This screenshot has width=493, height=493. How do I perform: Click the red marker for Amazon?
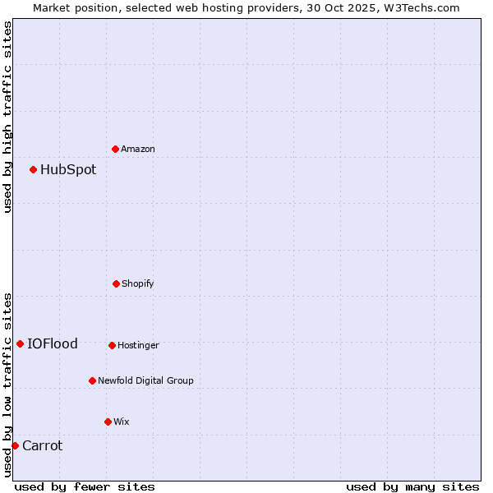(x=116, y=149)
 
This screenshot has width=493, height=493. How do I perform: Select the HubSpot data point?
(x=34, y=170)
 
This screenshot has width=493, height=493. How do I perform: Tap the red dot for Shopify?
(x=116, y=283)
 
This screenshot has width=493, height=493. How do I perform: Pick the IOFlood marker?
(x=21, y=343)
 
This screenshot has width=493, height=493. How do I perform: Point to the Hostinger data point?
(x=112, y=345)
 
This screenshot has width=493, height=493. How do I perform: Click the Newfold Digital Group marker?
(x=92, y=380)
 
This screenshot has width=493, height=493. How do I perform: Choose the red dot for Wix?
(x=108, y=422)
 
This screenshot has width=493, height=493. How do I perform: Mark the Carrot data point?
(x=15, y=445)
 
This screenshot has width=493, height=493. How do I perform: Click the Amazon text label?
(x=138, y=149)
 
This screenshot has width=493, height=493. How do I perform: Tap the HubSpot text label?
(x=68, y=170)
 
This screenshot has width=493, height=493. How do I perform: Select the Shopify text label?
(x=138, y=283)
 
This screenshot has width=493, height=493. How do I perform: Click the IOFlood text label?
(x=53, y=343)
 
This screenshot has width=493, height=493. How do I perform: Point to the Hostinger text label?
(x=138, y=345)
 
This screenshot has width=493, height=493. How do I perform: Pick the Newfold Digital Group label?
(x=145, y=380)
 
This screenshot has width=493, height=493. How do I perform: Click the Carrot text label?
(x=42, y=445)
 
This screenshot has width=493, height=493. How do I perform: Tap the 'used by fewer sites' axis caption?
(x=85, y=486)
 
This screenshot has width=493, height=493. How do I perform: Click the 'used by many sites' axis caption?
(x=412, y=486)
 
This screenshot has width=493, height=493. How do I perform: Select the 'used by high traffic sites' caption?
(x=7, y=117)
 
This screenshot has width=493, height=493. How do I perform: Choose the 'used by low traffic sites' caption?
(x=7, y=384)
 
